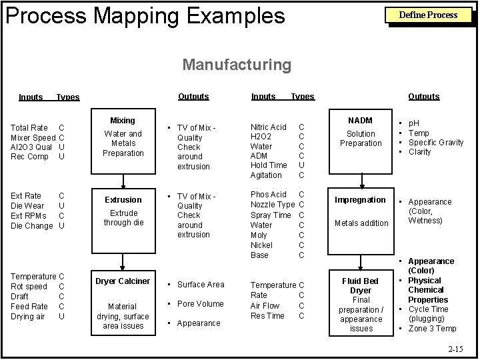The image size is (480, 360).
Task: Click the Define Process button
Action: (x=427, y=15)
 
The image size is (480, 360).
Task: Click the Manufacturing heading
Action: (x=237, y=65)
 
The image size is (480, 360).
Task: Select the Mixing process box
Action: (x=123, y=139)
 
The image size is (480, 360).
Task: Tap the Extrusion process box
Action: (x=123, y=210)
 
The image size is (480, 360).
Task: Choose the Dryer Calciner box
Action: (x=123, y=301)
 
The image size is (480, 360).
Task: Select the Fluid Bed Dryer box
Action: (x=361, y=302)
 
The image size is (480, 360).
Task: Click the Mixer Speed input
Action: (x=33, y=137)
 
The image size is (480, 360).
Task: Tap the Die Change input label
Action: (x=32, y=226)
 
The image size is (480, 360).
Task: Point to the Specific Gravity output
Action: (x=436, y=143)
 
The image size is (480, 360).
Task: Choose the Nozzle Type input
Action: (x=272, y=204)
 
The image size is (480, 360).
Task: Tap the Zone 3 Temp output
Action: (x=432, y=329)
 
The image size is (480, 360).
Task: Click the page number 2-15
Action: (x=456, y=349)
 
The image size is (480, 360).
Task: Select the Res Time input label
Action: (x=267, y=316)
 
